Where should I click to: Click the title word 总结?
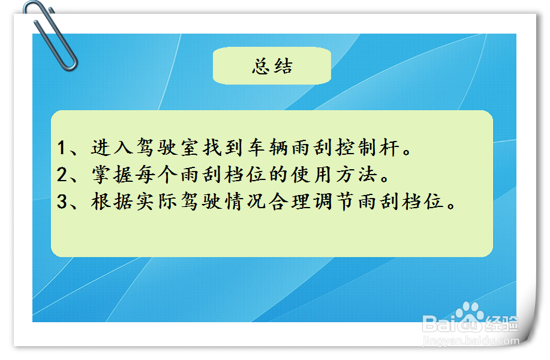click(272, 66)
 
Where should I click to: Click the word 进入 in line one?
click(112, 148)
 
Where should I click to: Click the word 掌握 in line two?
click(112, 175)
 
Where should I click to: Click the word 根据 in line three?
click(112, 202)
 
